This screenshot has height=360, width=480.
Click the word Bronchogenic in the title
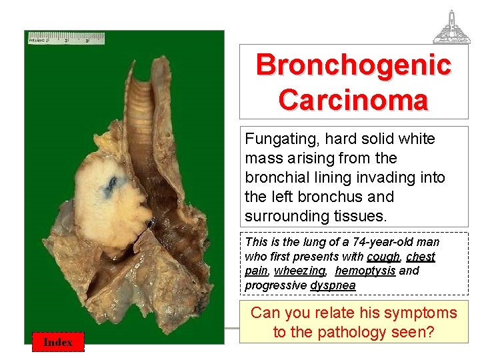click(353, 65)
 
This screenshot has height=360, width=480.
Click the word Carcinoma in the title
click(353, 101)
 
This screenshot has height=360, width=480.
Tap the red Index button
click(58, 341)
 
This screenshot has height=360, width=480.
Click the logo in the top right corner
click(451, 27)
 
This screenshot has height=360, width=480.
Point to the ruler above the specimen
click(67, 38)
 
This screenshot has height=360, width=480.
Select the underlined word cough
click(383, 257)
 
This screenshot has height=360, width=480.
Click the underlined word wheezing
click(299, 271)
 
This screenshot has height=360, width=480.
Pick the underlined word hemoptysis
click(365, 271)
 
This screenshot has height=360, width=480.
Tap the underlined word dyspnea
click(333, 285)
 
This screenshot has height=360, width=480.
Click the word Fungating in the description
click(275, 139)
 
